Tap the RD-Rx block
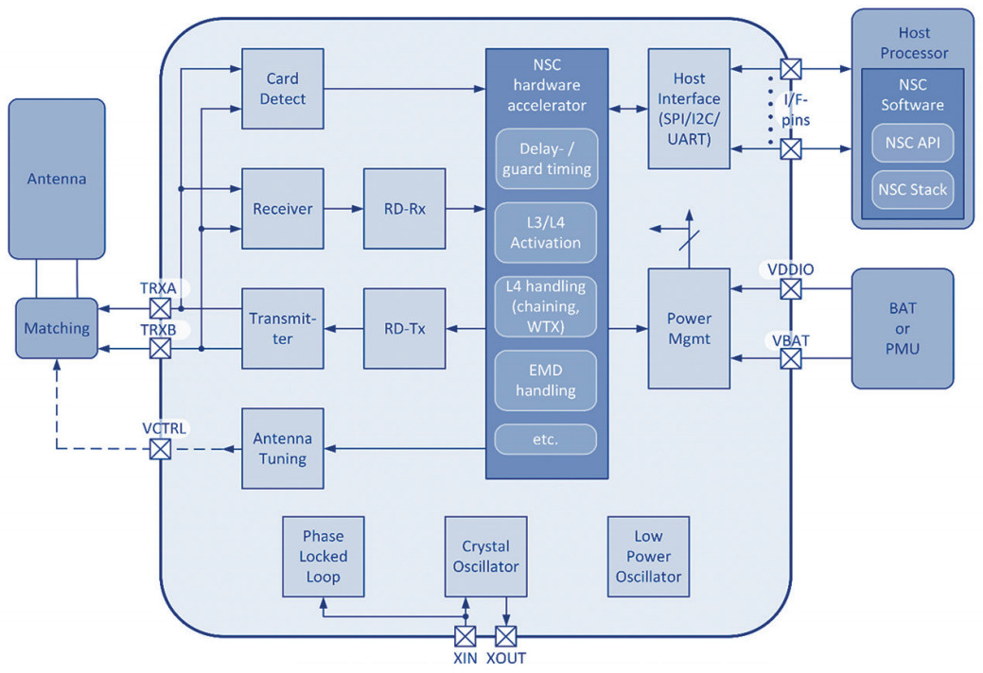[x=404, y=209]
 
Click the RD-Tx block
[x=404, y=329]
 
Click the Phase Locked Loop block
[x=324, y=557]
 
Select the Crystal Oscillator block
[x=485, y=557]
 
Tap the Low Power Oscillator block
[x=648, y=557]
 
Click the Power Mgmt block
[x=688, y=328]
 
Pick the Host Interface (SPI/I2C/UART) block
[x=688, y=109]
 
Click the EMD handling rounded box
[x=546, y=380]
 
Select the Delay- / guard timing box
[x=546, y=159]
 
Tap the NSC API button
[x=912, y=144]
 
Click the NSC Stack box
[x=912, y=189]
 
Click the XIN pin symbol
[x=465, y=635]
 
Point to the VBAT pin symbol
[x=790, y=358]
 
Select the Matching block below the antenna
[x=57, y=328]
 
